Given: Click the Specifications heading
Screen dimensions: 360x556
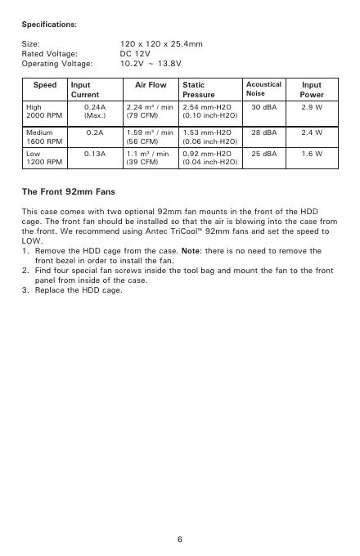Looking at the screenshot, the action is (49, 25).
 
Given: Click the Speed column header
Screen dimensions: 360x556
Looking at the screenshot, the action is (44, 85).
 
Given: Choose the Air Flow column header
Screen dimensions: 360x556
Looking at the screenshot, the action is (150, 85).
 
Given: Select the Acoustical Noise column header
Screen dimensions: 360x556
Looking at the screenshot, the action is (263, 89).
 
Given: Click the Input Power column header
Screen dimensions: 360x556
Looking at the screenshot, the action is (312, 90).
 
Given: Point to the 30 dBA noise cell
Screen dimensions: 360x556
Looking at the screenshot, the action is (263, 107).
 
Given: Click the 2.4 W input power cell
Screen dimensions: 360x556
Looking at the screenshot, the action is (312, 132).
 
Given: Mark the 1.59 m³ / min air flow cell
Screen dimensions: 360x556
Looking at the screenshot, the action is (150, 132).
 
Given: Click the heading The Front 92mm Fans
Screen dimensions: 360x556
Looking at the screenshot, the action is (68, 193).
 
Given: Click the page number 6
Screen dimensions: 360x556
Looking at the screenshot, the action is (180, 540).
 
